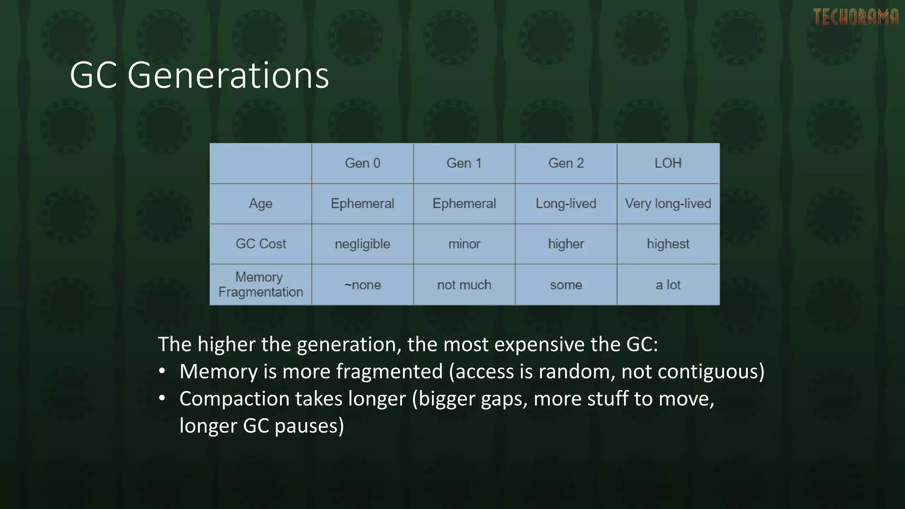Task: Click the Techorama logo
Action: [x=856, y=17]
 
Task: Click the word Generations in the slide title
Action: [x=228, y=76]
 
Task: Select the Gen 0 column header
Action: [x=362, y=163]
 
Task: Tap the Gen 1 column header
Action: [x=464, y=163]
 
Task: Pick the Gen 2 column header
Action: [x=566, y=163]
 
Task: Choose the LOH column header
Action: [x=668, y=163]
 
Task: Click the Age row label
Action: [x=261, y=204]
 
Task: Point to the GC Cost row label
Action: [x=261, y=244]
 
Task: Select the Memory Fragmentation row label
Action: [x=261, y=285]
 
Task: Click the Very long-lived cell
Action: [x=668, y=204]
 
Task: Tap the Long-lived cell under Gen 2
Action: [x=566, y=204]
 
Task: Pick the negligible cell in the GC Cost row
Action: [x=362, y=244]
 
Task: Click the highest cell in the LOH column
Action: [x=668, y=244]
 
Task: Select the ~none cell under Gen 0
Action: [x=362, y=285]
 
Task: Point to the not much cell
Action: [x=464, y=285]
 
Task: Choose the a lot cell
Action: [x=668, y=285]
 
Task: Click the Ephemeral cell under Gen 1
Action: [x=464, y=204]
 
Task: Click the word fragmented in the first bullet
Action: [x=389, y=372]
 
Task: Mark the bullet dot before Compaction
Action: [x=162, y=399]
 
